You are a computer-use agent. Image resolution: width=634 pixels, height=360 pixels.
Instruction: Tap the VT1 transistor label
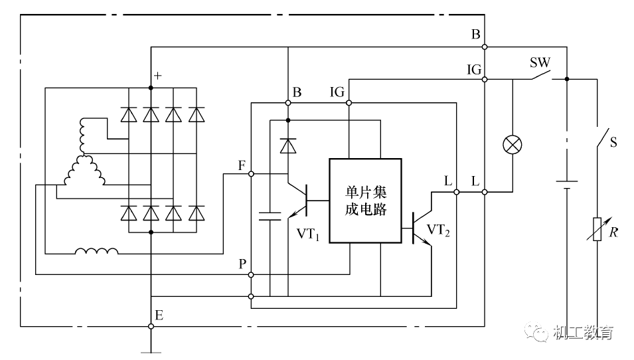pyautogui.click(x=308, y=233)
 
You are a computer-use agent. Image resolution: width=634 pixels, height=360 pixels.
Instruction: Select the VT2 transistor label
pyautogui.click(x=439, y=230)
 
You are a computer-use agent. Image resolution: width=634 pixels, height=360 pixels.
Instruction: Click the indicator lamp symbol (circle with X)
pyautogui.click(x=512, y=145)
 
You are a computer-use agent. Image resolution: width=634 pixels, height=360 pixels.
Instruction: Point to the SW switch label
pyautogui.click(x=539, y=63)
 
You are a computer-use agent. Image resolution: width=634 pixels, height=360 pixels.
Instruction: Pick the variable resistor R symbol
pyautogui.click(x=597, y=228)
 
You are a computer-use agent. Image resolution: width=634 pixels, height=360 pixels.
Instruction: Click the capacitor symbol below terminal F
pyautogui.click(x=271, y=215)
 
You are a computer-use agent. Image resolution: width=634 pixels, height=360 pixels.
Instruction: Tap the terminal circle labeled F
pyautogui.click(x=251, y=174)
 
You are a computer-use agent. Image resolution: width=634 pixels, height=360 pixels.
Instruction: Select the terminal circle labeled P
pyautogui.click(x=251, y=274)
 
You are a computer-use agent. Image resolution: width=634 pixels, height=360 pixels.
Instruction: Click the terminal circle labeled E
pyautogui.click(x=151, y=326)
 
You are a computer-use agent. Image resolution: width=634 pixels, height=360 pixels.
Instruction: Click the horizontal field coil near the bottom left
pyautogui.click(x=97, y=251)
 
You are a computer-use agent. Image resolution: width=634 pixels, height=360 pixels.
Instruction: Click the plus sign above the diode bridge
pyautogui.click(x=157, y=76)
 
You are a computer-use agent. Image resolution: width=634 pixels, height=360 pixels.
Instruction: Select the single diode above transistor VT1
pyautogui.click(x=287, y=145)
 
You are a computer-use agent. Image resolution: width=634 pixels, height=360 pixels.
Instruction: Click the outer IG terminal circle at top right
pyautogui.click(x=485, y=79)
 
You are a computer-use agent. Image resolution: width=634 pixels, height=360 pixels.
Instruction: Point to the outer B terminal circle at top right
pyautogui.click(x=485, y=46)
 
